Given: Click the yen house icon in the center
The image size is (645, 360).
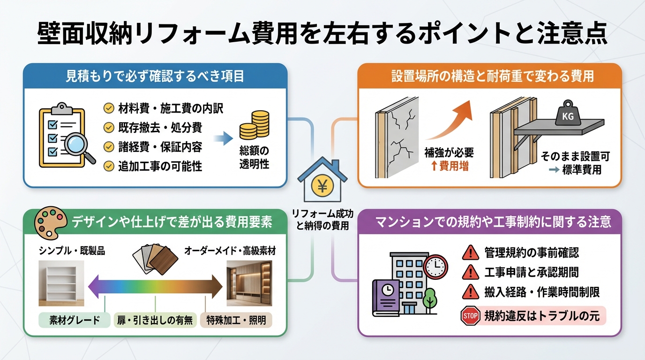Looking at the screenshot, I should tap(322, 182).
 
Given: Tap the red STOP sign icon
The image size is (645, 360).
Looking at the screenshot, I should tap(470, 316).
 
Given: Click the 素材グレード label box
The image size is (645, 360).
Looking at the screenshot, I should tap(75, 321).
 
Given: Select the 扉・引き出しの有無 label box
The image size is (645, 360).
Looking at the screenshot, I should tap(155, 321).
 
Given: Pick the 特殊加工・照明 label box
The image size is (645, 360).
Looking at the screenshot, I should tap(236, 321).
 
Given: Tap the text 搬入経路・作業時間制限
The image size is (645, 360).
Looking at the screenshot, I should tap(542, 292).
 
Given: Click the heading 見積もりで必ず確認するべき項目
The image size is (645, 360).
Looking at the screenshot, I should tap(155, 77).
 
